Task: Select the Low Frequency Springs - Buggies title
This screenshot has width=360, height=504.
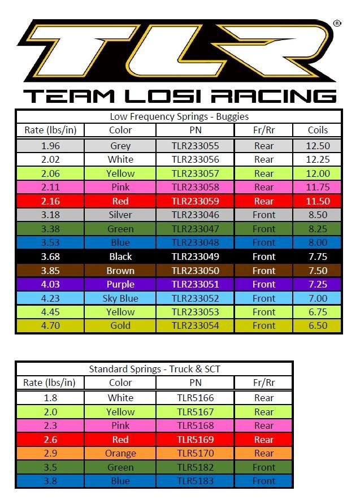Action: [179, 117]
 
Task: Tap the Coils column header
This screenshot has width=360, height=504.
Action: [318, 131]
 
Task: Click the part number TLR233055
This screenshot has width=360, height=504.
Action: [195, 146]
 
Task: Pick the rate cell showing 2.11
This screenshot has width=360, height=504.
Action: [50, 187]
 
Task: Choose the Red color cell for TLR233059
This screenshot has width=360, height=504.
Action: [120, 201]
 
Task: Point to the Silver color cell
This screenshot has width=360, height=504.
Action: [120, 215]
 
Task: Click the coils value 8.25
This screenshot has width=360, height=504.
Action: [318, 229]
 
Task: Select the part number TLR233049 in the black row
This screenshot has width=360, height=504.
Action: [195, 257]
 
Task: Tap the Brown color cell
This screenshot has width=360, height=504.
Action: [120, 271]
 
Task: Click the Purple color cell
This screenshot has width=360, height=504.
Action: [120, 284]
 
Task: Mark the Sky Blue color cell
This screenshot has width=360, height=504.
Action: [120, 298]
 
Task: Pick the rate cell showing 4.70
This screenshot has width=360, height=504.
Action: [50, 325]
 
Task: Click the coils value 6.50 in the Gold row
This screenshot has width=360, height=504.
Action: [318, 325]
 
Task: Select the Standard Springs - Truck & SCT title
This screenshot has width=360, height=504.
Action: [154, 370]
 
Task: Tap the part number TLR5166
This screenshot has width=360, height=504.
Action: [195, 398]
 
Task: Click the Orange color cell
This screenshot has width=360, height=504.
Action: [120, 453]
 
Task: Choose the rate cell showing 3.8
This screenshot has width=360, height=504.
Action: [50, 481]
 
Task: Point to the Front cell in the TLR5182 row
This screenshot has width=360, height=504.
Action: [263, 467]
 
